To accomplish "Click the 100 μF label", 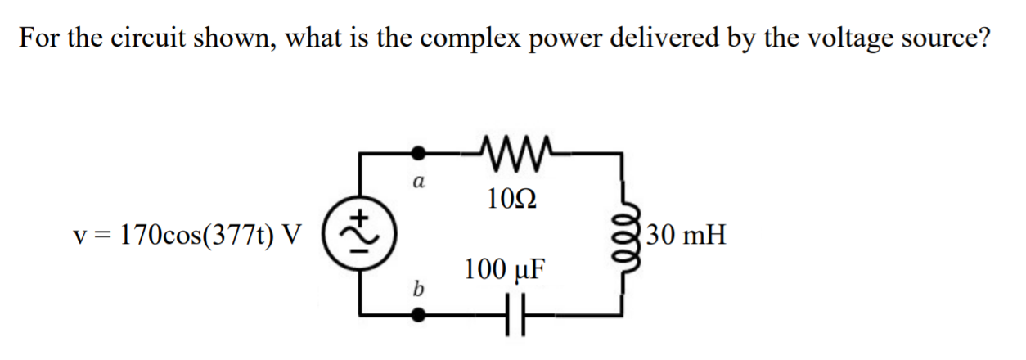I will (x=504, y=270).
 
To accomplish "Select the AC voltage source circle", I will (x=358, y=233).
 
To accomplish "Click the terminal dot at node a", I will (x=419, y=152).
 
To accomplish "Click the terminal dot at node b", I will (x=419, y=314).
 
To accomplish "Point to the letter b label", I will (x=419, y=287).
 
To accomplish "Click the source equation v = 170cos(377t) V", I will (x=187, y=236).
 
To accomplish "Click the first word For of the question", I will (x=38, y=38).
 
